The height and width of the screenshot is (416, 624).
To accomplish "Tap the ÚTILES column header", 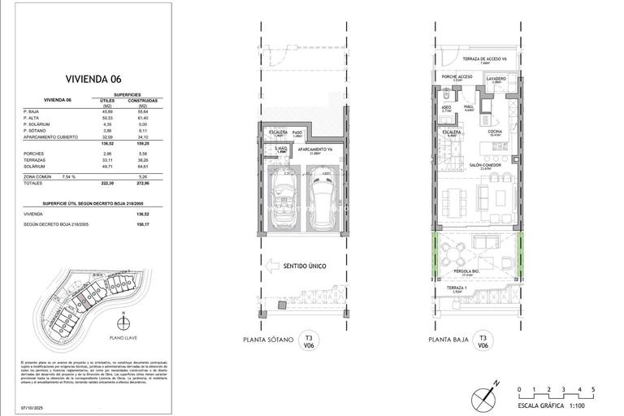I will coord(106,101).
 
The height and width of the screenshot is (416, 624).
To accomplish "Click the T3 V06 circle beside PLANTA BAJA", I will coord(483,341).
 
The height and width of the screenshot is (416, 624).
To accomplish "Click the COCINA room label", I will coord(494,132).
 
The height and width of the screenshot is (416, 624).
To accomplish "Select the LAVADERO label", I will coord(496,79).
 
